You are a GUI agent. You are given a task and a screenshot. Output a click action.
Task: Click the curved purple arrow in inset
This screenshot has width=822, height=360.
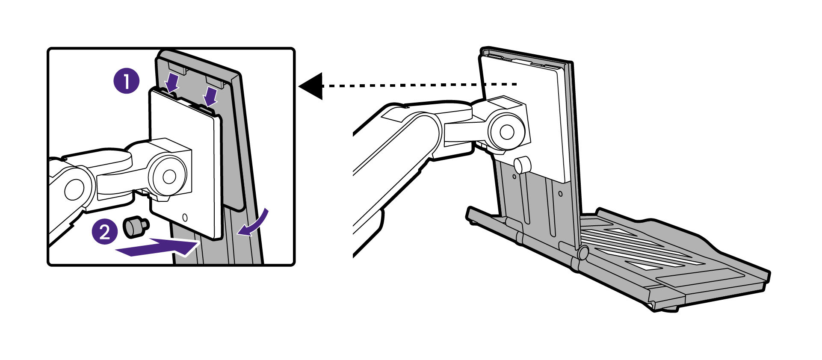(x=254, y=223)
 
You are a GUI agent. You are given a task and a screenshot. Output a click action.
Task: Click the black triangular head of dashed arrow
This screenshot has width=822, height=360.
(x=312, y=86)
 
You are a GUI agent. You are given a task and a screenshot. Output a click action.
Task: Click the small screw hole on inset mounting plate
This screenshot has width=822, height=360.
(x=185, y=217)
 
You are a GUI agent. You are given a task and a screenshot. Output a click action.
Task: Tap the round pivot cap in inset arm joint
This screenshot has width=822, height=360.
(x=169, y=176)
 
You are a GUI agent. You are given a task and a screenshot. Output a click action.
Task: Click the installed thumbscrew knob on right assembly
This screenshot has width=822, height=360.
(x=522, y=165)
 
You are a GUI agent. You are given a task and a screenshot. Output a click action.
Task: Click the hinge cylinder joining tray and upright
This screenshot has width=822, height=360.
(x=582, y=253)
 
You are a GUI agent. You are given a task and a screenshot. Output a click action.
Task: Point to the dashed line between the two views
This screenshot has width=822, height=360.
(x=419, y=85)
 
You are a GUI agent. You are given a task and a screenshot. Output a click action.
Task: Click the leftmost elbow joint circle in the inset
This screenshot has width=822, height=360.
(x=74, y=189)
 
